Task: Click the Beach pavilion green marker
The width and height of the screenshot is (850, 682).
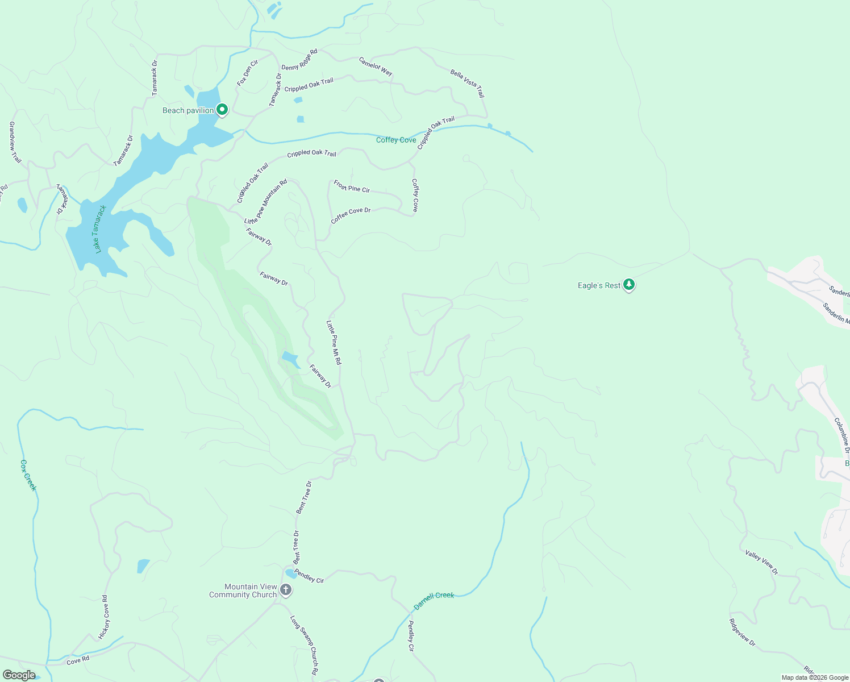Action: (x=222, y=109)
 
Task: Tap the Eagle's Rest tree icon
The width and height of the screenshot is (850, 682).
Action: (x=628, y=284)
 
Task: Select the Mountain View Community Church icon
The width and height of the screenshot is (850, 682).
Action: (x=286, y=590)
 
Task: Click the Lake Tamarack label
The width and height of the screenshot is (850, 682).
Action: (x=100, y=229)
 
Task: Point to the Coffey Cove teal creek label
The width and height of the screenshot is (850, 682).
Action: (x=396, y=140)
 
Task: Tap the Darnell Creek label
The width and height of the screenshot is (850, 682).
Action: (x=434, y=600)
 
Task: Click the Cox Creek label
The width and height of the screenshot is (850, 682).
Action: (x=28, y=475)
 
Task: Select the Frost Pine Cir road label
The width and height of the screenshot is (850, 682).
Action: (x=352, y=186)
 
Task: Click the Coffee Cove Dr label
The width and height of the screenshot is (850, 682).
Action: (x=351, y=215)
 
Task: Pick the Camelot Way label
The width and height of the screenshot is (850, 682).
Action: (x=376, y=66)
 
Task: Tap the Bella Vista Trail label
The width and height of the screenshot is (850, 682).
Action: (x=467, y=84)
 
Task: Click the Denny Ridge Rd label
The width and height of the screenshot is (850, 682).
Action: (x=299, y=60)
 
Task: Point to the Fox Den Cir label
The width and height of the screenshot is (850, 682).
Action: (x=248, y=73)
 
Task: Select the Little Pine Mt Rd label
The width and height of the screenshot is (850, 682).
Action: (x=334, y=342)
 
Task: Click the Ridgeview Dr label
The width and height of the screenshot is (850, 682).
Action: (x=742, y=633)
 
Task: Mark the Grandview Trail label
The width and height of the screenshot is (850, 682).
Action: (x=15, y=142)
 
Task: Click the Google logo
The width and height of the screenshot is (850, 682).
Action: (x=19, y=675)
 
